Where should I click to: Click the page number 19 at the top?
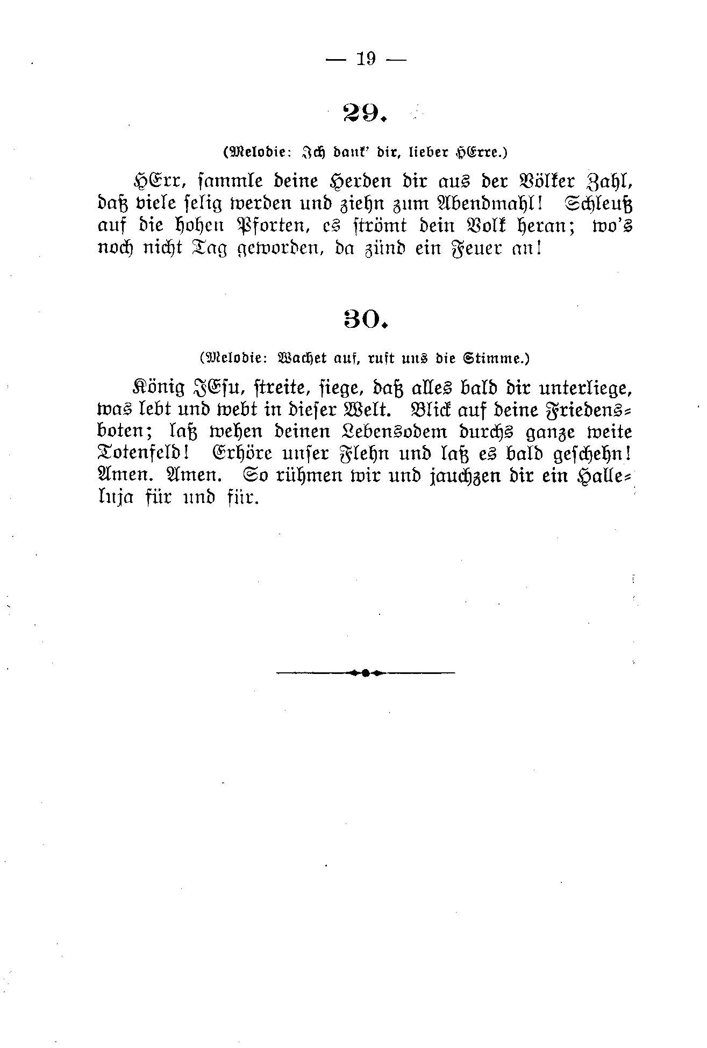click(x=366, y=59)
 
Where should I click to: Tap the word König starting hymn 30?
click(x=159, y=388)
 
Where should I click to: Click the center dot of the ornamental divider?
click(x=365, y=672)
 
